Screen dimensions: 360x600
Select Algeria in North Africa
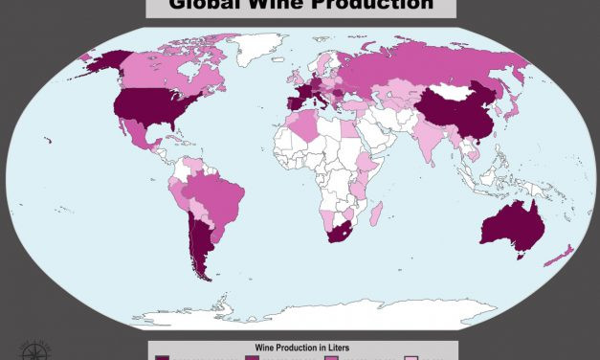click(x=304, y=127)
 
